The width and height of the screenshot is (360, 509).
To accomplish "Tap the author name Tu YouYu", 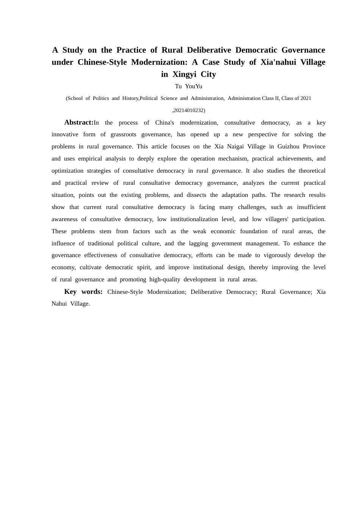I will click(188, 86).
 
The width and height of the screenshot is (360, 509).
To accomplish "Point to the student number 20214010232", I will click(188, 111).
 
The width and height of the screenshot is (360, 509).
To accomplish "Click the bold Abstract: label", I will click(78, 122).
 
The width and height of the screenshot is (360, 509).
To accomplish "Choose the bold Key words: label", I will click(83, 292).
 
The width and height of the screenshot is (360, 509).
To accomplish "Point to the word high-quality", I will click(164, 279).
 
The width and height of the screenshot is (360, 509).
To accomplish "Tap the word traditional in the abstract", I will click(100, 244).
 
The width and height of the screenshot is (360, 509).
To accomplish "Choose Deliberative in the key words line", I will click(208, 292).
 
